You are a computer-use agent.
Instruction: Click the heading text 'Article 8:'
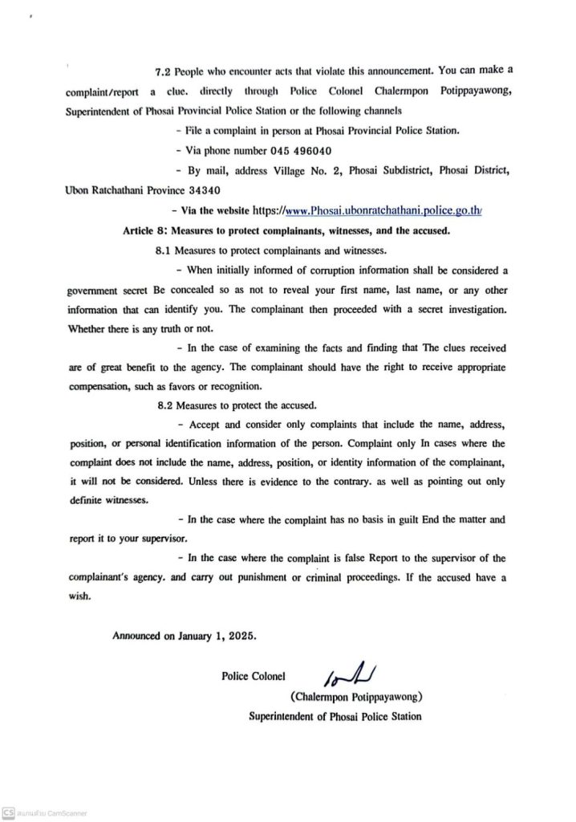click(148, 230)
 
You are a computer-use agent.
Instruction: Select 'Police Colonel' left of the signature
click(254, 677)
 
